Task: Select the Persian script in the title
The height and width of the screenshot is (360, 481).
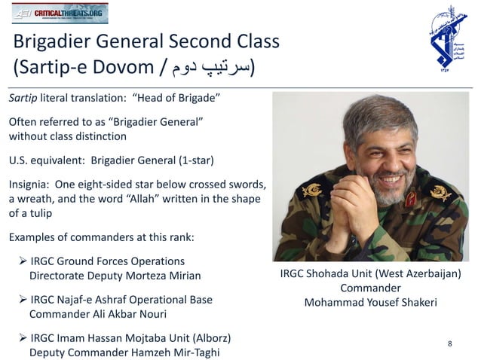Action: click(212, 68)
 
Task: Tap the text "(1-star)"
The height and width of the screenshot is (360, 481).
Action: click(190, 160)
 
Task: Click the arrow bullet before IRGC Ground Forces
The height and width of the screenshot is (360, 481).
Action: click(23, 261)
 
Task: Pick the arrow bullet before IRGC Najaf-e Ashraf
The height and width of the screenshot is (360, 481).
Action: click(23, 300)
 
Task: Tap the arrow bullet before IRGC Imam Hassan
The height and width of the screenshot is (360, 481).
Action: click(23, 338)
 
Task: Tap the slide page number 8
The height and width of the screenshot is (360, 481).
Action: click(450, 344)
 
